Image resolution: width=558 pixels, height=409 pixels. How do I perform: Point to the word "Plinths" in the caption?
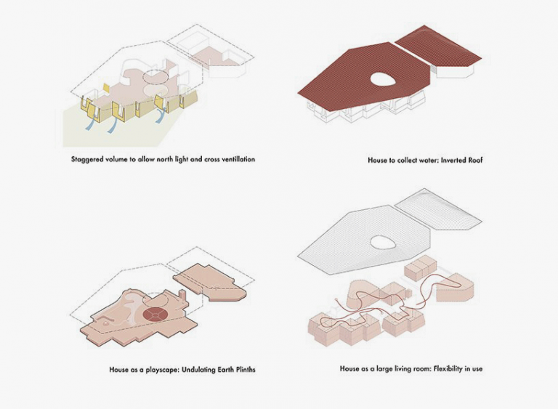point(243,370)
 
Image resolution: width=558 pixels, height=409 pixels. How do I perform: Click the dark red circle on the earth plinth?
point(154,314)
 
